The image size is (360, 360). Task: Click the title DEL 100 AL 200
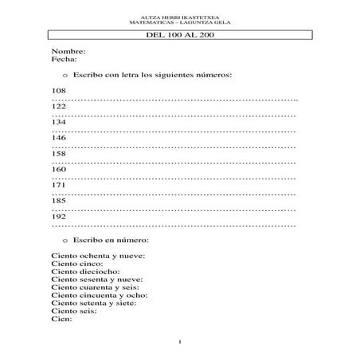(x=179, y=37)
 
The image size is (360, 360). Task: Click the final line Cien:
(x=61, y=319)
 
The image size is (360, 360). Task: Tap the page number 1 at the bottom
(x=181, y=342)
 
